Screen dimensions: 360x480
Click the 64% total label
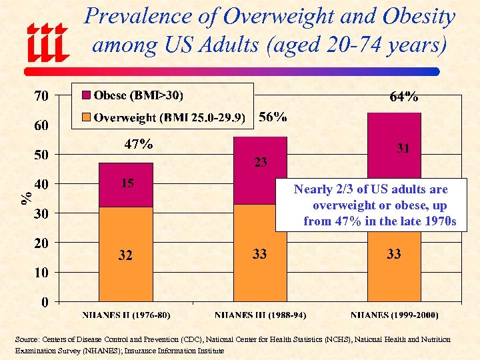pos(403,97)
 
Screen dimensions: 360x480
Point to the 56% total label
pos(273,117)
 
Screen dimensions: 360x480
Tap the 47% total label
pos(139,144)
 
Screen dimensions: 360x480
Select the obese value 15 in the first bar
pos(127,183)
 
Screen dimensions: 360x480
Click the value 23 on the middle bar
pos(260,161)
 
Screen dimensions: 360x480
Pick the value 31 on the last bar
pos(403,149)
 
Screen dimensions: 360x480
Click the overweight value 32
pos(125,255)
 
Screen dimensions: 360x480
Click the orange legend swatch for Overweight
pos(85,117)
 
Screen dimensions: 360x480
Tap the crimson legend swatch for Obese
pos(85,95)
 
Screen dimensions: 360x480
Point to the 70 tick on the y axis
pos(41,95)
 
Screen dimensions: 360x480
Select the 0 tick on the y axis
pos(44,302)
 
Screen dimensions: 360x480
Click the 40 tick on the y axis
pos(41,184)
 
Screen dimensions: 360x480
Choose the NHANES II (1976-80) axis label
pos(125,315)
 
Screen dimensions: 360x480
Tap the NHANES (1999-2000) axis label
pos(394,315)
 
